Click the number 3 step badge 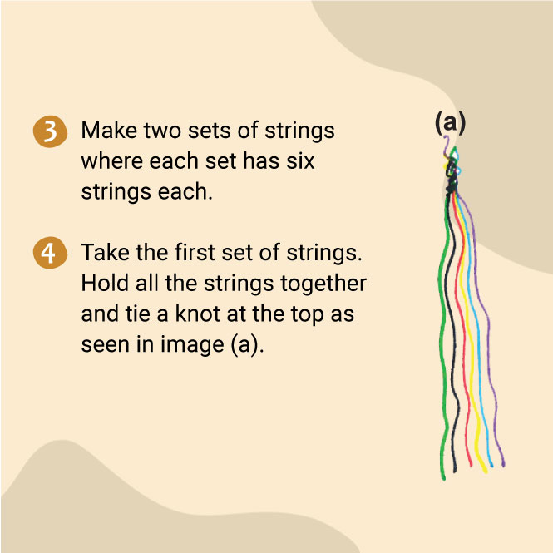click(50, 131)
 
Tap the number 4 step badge click(50, 253)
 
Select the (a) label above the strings click(450, 123)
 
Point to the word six click(300, 161)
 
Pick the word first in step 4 click(195, 253)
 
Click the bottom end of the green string click(444, 479)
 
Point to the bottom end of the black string click(455, 471)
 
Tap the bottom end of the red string click(471, 465)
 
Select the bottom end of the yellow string click(486, 472)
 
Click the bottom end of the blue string click(491, 466)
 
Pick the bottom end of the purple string click(504, 466)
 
